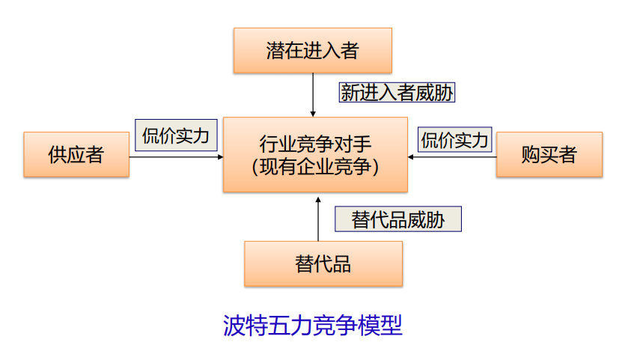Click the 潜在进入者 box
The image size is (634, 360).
tap(312, 51)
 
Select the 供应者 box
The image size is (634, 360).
tap(76, 155)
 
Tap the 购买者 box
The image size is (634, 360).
tap(549, 155)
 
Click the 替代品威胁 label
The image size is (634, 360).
tap(397, 219)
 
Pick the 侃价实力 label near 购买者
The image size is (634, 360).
tap(454, 140)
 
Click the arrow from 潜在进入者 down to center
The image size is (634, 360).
tap(313, 94)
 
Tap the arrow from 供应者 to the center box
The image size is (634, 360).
tap(176, 156)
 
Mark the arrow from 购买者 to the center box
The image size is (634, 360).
tap(452, 156)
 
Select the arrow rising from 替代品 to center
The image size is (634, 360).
tap(318, 219)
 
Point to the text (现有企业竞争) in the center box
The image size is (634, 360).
tap(315, 167)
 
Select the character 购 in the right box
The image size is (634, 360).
tap(531, 155)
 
